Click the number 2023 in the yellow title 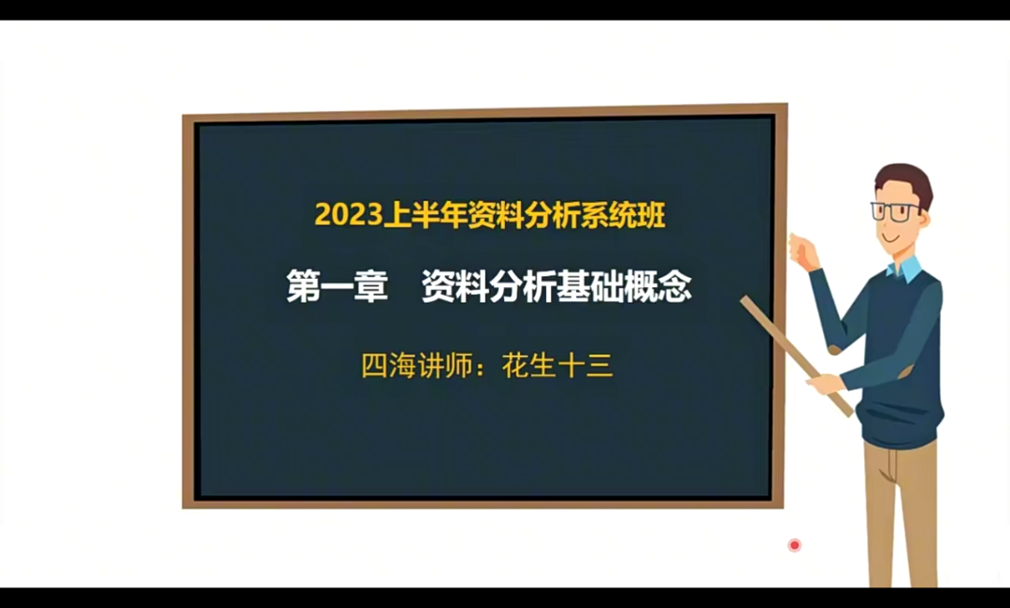[x=349, y=214]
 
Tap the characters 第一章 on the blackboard [x=337, y=286]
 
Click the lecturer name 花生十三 [x=557, y=366]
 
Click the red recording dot [x=794, y=545]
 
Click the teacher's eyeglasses [x=895, y=211]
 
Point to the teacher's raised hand [x=802, y=252]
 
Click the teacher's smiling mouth [x=891, y=238]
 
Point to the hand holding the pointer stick [x=825, y=384]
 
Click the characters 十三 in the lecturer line [x=585, y=366]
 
